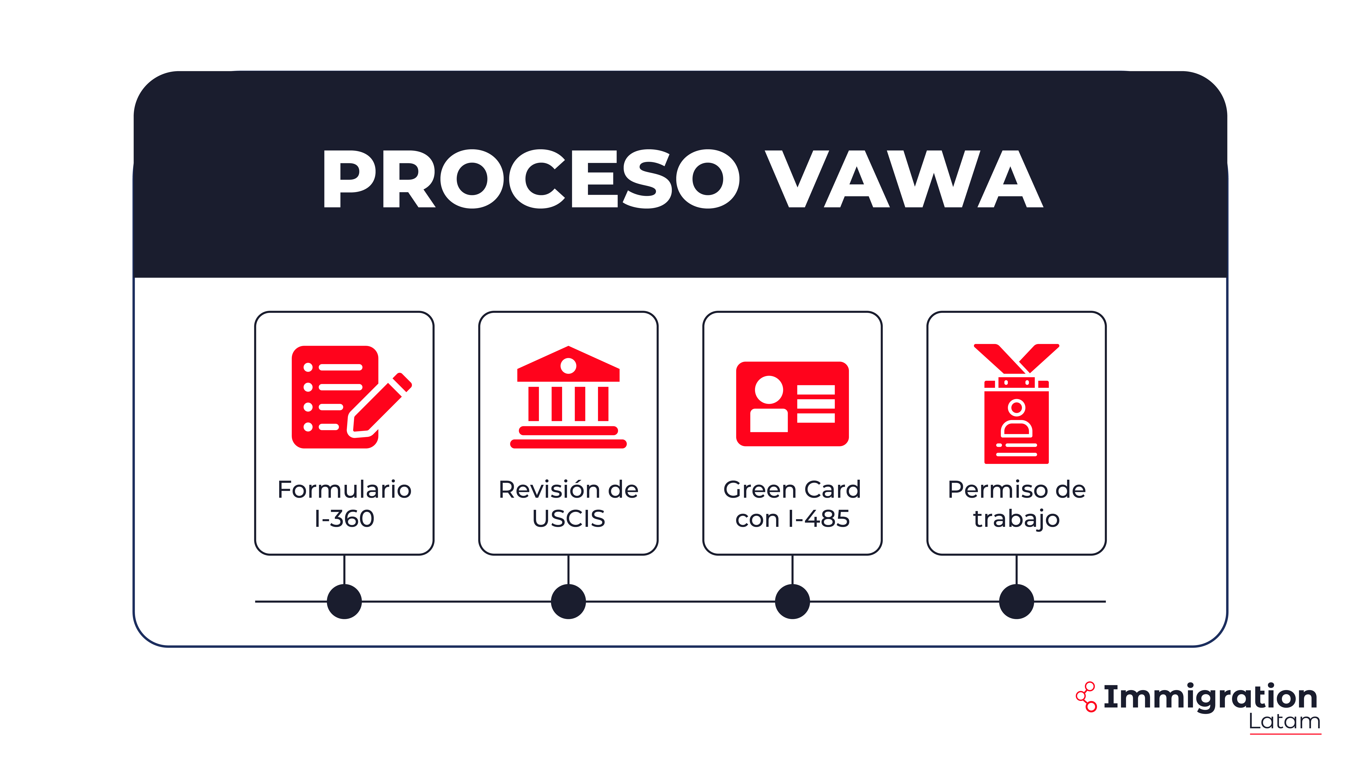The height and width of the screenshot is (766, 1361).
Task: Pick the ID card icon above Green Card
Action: pos(792,403)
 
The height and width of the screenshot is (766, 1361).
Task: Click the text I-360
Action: pos(345,519)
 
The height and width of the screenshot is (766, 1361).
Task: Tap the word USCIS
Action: pos(569,519)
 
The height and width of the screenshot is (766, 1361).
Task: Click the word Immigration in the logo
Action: pos(1210,697)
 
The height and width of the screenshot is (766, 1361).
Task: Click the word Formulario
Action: pos(345,490)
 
